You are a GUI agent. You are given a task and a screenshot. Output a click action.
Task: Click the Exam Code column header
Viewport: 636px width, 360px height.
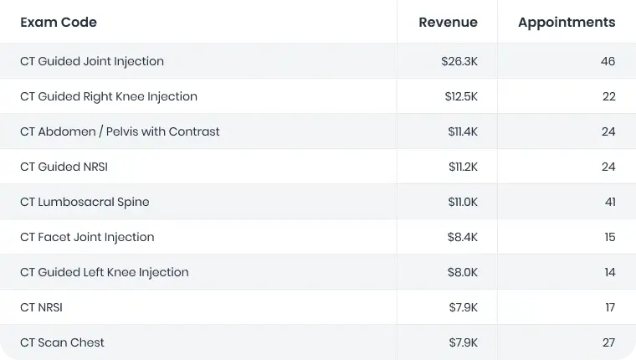coord(59,23)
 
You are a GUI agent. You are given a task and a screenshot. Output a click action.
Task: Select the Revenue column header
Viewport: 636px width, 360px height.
coord(448,23)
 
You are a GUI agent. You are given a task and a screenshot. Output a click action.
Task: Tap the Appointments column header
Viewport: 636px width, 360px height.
coord(567,23)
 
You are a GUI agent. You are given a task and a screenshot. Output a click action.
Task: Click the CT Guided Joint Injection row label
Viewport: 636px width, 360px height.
coord(92,61)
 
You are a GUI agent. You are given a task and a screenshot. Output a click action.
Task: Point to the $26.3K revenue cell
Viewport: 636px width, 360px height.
coord(459,61)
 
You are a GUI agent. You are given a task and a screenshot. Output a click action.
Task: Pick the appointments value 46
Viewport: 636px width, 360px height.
coord(608,61)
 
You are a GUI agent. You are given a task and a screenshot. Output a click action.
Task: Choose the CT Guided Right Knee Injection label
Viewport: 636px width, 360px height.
coord(109,96)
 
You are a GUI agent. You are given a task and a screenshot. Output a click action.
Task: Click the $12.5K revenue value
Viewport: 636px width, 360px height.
coord(461,96)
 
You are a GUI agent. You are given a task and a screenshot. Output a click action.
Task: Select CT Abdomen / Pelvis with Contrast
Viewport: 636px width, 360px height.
coord(120,131)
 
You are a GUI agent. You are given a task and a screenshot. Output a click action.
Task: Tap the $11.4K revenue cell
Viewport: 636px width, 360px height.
coord(463,131)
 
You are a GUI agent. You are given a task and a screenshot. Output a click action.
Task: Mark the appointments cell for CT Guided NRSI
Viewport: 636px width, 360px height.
coord(608,167)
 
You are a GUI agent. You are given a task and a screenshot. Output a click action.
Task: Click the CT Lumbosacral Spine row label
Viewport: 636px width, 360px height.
coord(85,202)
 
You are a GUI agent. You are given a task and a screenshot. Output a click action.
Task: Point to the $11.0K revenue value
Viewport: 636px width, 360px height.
coord(463,202)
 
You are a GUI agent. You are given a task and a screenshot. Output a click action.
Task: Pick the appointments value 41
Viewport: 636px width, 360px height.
coord(609,202)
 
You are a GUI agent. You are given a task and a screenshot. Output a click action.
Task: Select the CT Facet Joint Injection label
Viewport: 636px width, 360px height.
coord(87,237)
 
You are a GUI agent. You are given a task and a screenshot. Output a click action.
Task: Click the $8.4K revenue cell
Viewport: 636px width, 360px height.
coord(463,237)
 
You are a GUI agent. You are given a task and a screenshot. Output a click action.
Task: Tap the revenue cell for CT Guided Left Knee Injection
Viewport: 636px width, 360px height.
coord(463,272)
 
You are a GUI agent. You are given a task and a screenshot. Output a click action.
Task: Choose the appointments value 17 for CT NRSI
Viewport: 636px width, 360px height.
coord(610,307)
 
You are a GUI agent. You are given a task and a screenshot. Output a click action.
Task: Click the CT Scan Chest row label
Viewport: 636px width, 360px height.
coord(62,342)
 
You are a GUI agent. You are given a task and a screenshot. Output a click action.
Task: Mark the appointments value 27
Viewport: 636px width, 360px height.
coord(608,342)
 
